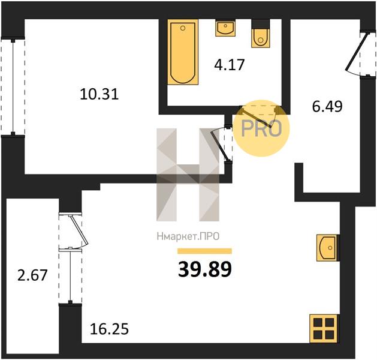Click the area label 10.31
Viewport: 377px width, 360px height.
99,94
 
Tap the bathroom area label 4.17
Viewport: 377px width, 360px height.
230,65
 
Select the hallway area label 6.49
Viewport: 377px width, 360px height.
327,106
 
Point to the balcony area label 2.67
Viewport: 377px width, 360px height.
32,275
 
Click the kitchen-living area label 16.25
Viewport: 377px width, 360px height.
110,329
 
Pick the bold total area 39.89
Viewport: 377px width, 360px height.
205,269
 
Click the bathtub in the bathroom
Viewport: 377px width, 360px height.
183,52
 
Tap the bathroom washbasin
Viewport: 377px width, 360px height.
225,28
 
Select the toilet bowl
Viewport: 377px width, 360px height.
261,38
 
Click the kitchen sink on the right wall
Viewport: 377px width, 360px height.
327,248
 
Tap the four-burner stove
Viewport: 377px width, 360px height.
324,328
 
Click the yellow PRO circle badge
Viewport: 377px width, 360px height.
261,128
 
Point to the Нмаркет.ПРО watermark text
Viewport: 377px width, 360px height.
188,236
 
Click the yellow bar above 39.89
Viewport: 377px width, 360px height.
204,251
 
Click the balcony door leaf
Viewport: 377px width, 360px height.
79,230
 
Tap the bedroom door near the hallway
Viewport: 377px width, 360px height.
219,145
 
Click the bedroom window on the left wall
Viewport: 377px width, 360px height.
13,87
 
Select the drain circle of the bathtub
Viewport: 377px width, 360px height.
183,28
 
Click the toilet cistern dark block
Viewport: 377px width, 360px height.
261,25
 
